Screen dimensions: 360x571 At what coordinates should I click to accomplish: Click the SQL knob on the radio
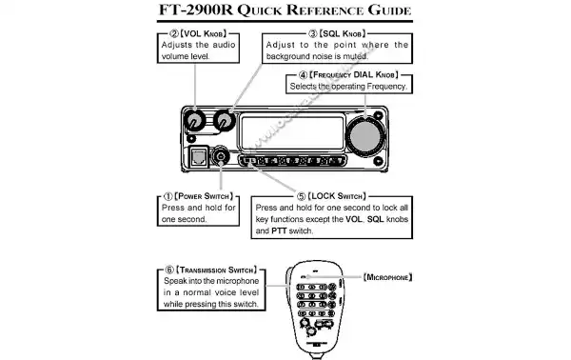tap(226, 122)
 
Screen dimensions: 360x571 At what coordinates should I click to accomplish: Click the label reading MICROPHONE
tap(387, 277)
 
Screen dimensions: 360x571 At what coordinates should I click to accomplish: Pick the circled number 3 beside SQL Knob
tap(313, 32)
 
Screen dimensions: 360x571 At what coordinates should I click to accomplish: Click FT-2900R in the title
tap(198, 11)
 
